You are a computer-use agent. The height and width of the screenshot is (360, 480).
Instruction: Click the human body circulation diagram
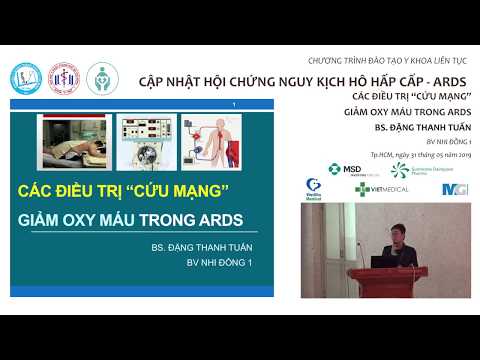click(212, 139)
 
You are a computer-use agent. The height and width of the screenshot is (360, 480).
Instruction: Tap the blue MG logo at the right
click(454, 188)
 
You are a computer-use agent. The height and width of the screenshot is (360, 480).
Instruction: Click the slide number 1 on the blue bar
click(233, 103)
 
